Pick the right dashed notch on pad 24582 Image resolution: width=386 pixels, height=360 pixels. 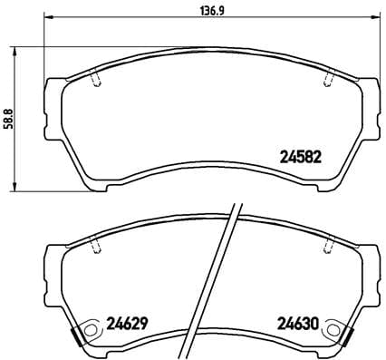(x=326, y=80)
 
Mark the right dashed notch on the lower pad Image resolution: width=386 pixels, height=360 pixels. (x=326, y=246)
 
